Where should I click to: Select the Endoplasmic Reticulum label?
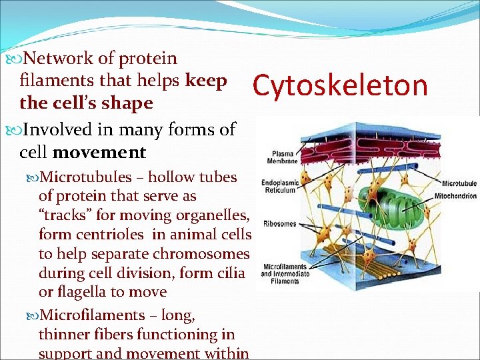coord(281,186)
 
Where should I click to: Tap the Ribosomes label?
coord(279,223)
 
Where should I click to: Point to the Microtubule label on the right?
coord(459,183)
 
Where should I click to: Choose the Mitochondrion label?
coord(455,196)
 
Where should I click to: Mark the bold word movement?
coord(99,152)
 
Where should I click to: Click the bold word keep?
coord(207,81)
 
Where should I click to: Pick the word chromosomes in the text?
coord(209,254)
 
